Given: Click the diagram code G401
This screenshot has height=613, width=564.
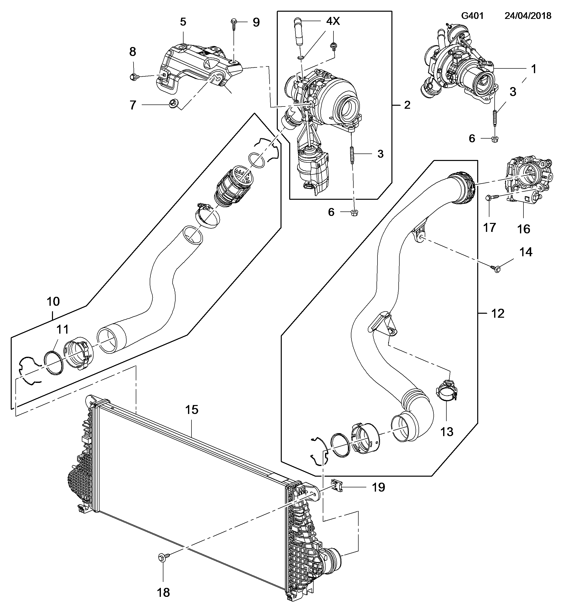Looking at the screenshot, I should click(472, 16).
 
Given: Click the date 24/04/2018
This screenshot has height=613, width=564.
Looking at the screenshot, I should click(528, 16).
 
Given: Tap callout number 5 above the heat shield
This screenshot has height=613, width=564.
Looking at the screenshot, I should click(183, 22).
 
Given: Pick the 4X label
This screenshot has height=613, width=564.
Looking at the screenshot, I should click(333, 21).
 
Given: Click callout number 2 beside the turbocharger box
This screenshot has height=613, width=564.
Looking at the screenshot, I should click(407, 105).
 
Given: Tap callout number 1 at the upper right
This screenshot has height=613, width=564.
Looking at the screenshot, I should click(533, 69).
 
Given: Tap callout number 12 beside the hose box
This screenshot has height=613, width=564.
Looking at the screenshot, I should click(498, 313).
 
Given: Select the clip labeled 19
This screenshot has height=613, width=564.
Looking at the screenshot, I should click(337, 485).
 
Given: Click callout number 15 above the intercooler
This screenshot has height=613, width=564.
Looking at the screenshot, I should click(192, 410).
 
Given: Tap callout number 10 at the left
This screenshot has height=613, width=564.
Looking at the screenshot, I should click(53, 301).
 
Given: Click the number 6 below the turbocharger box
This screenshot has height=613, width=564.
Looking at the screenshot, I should click(331, 212).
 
